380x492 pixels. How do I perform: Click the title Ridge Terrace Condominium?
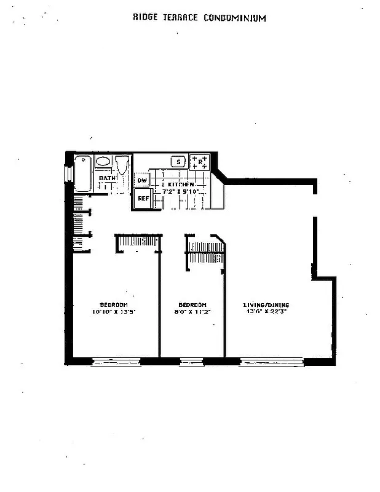(x=199, y=18)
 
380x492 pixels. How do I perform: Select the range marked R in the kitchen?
(x=200, y=162)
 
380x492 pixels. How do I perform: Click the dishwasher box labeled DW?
(x=142, y=180)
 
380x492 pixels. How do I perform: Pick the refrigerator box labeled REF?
(x=143, y=198)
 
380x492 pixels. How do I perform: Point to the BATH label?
(x=107, y=178)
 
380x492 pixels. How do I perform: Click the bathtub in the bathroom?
(x=83, y=174)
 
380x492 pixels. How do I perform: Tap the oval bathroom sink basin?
(x=103, y=162)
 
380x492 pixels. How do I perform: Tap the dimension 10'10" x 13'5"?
(x=114, y=312)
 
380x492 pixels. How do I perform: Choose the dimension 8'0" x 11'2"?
(x=192, y=312)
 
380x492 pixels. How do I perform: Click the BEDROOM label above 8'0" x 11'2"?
(x=192, y=305)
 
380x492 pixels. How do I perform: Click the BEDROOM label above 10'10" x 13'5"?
(x=114, y=305)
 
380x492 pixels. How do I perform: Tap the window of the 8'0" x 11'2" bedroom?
(x=191, y=362)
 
